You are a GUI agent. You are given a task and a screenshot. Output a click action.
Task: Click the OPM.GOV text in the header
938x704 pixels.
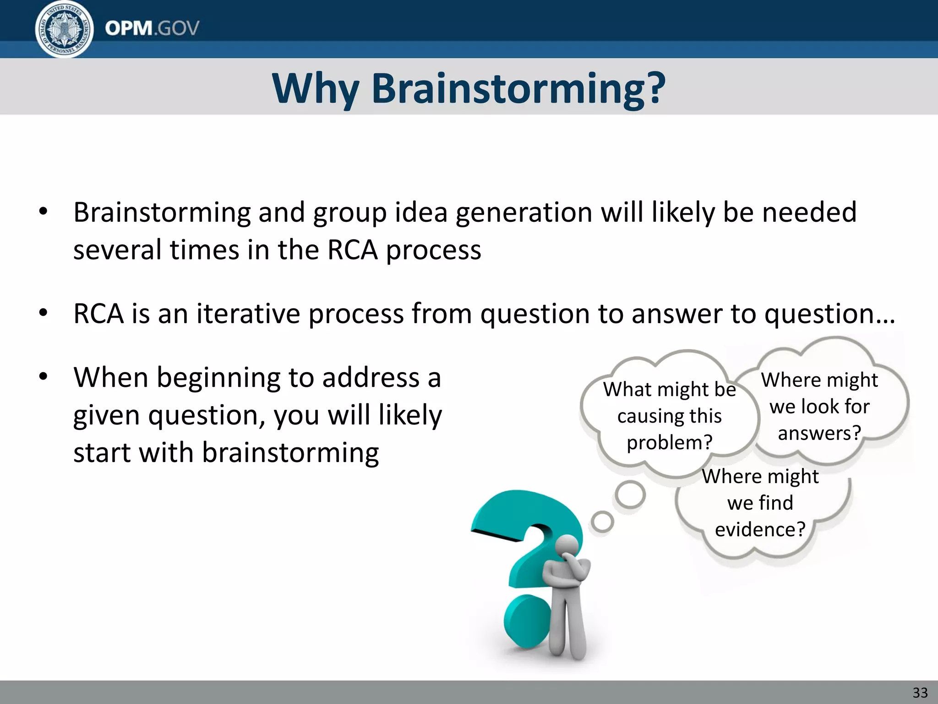(x=152, y=28)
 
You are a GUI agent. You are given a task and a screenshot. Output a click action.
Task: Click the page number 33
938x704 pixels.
(x=920, y=692)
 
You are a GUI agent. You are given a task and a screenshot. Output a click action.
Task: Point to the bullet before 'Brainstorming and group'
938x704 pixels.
(x=43, y=212)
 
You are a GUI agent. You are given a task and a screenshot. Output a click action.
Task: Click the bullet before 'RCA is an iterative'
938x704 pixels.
(x=43, y=314)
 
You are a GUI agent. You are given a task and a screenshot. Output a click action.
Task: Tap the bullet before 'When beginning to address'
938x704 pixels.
(x=43, y=378)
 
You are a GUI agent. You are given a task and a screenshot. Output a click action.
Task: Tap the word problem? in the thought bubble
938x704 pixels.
(x=669, y=443)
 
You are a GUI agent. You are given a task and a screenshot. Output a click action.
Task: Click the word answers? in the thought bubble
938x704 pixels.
(x=819, y=433)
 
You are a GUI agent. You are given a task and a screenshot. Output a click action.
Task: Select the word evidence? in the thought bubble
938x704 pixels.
(x=760, y=530)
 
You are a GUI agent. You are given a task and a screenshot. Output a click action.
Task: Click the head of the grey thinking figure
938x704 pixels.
(x=567, y=547)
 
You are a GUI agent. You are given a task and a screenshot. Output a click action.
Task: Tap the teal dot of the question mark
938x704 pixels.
(x=527, y=621)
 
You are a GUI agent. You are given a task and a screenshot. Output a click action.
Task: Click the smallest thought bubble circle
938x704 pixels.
(x=602, y=522)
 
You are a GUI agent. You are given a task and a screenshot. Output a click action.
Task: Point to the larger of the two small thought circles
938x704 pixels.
(x=630, y=495)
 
